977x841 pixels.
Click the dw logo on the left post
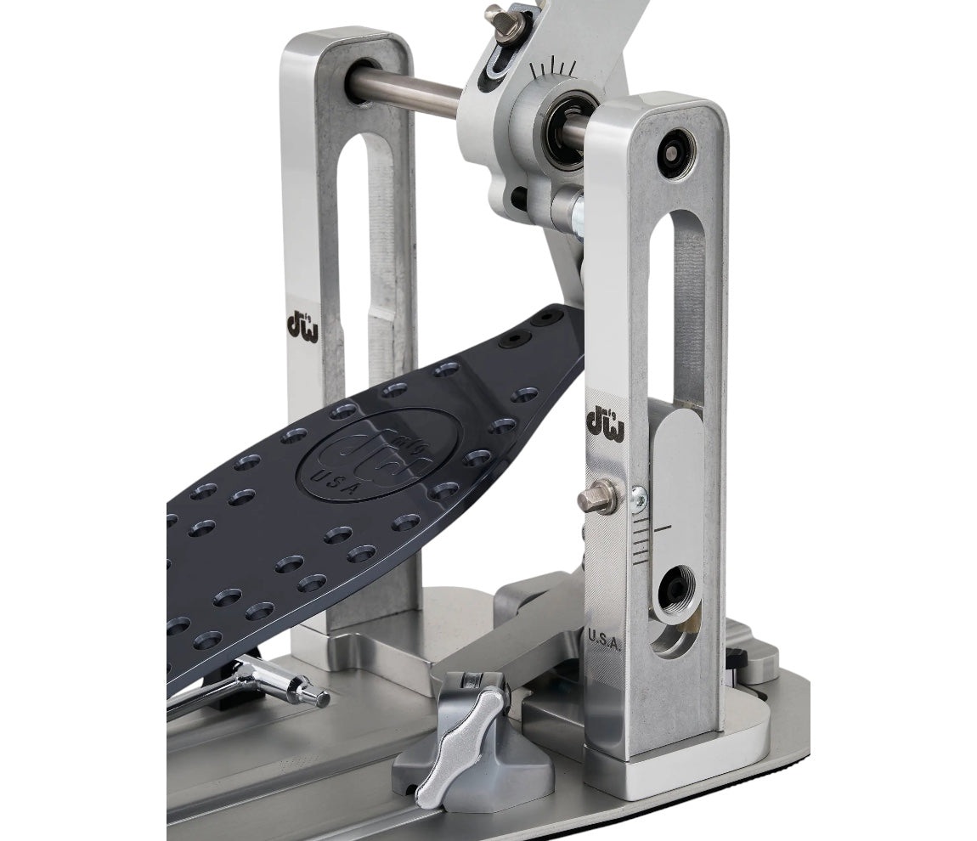pyautogui.click(x=302, y=325)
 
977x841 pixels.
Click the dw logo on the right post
pyautogui.click(x=605, y=422)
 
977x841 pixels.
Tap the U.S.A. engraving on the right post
pyautogui.click(x=605, y=639)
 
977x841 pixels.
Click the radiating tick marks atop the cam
pyautogui.click(x=554, y=70)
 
